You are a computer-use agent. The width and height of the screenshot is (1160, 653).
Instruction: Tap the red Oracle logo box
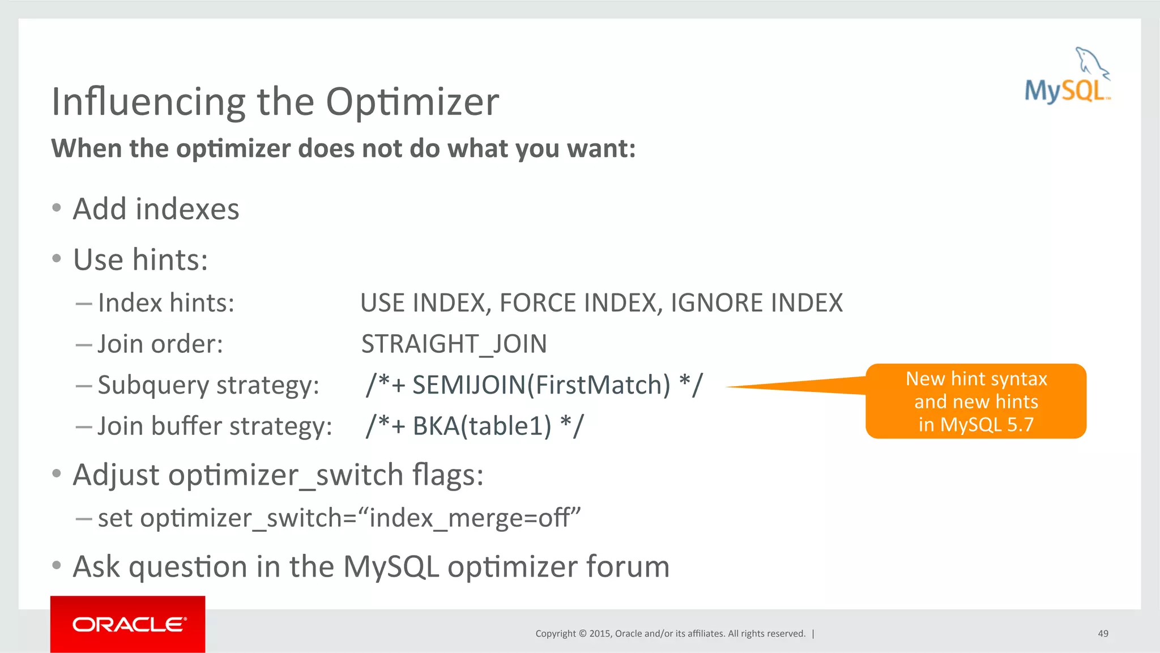pyautogui.click(x=127, y=624)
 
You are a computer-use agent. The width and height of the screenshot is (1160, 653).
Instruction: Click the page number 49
pyautogui.click(x=1103, y=634)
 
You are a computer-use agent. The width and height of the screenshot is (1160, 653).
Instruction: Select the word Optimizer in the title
pyautogui.click(x=412, y=102)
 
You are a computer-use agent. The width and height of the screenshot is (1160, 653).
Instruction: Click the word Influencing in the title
pyautogui.click(x=148, y=102)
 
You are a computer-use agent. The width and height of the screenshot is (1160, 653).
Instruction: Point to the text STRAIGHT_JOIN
pyautogui.click(x=454, y=344)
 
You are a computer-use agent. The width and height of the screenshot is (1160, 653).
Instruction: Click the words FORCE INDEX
pyautogui.click(x=578, y=303)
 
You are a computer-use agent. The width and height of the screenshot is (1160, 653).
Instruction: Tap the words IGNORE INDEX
pyautogui.click(x=757, y=303)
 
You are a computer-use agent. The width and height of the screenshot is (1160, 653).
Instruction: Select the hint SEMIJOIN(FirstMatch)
pyautogui.click(x=541, y=385)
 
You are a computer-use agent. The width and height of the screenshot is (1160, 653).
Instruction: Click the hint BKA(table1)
pyautogui.click(x=481, y=426)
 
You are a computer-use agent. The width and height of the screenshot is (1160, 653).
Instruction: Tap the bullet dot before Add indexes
pyautogui.click(x=56, y=208)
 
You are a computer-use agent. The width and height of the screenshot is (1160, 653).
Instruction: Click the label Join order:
pyautogui.click(x=160, y=344)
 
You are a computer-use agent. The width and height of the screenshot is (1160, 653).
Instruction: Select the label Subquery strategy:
pyautogui.click(x=208, y=385)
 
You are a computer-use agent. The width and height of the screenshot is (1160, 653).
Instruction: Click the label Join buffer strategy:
pyautogui.click(x=215, y=426)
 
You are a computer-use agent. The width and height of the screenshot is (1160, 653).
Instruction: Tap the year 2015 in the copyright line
pyautogui.click(x=600, y=634)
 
